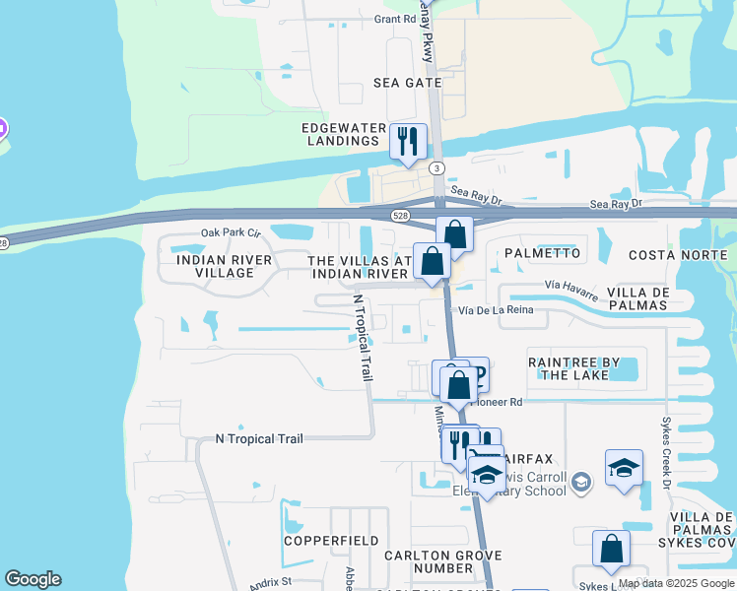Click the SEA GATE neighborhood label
click(x=407, y=83)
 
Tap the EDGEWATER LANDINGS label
click(x=341, y=134)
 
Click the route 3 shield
click(x=436, y=168)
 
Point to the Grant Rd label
click(x=395, y=19)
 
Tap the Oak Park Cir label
click(x=230, y=232)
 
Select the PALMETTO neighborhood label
click(x=543, y=253)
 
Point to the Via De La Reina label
click(x=495, y=310)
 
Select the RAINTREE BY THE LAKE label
click(x=576, y=368)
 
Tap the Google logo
click(x=33, y=579)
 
